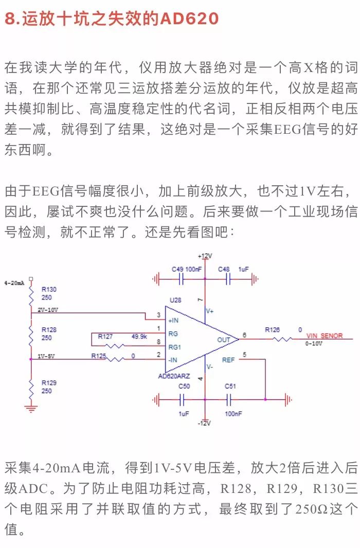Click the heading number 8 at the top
point(10,20)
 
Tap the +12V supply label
point(205,256)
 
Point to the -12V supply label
point(205,423)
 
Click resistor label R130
point(49,289)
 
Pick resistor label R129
point(49,383)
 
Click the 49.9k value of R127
point(139,335)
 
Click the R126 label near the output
point(273,329)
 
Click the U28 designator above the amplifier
point(175,299)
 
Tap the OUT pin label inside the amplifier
point(224,340)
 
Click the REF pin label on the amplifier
point(228,360)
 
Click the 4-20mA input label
point(14,283)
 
